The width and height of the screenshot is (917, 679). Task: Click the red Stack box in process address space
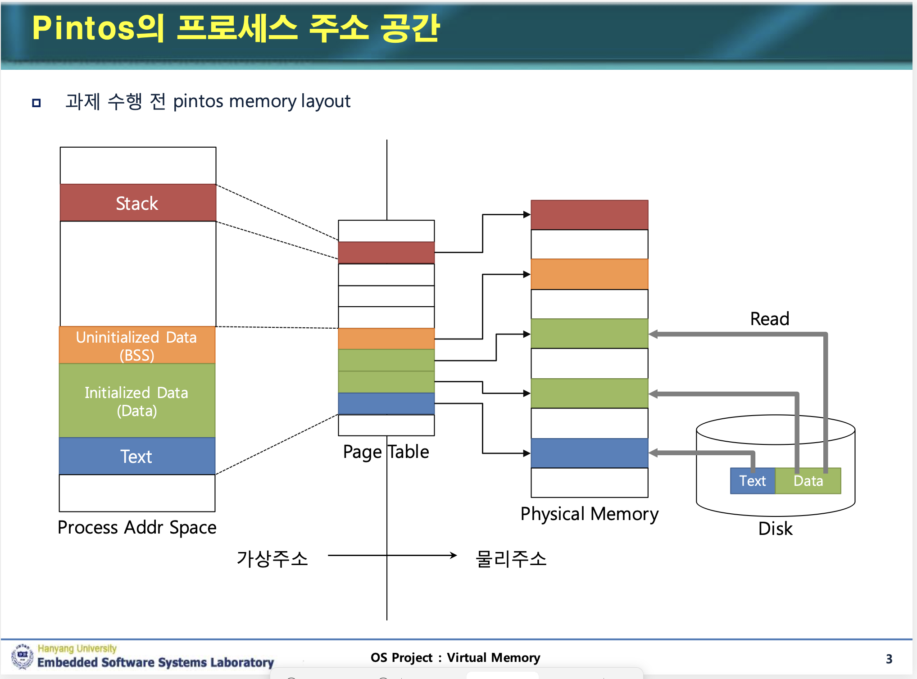138,203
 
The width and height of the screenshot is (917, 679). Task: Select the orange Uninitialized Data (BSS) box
137,345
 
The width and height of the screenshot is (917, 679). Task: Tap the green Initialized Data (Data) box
137,400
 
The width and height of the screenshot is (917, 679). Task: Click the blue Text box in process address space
137,456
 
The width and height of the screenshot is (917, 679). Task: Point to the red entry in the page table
386,253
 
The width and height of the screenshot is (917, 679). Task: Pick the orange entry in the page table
386,339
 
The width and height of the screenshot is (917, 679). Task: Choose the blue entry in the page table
386,403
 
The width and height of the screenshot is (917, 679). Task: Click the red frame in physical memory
590,215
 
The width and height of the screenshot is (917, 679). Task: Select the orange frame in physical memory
590,274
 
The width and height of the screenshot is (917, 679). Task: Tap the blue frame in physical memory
590,453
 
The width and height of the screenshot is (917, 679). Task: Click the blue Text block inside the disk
753,481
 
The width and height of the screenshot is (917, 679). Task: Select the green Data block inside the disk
808,481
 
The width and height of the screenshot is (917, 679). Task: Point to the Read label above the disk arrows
770,319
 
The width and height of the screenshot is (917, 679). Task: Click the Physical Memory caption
590,514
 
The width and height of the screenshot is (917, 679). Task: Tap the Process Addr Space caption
137,527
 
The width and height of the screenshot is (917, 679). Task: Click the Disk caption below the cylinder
775,529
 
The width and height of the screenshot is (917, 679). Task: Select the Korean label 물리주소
511,559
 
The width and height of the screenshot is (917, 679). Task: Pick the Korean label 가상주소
272,559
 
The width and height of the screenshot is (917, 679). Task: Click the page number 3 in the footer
889,659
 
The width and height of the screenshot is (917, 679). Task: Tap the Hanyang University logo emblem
22,656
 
